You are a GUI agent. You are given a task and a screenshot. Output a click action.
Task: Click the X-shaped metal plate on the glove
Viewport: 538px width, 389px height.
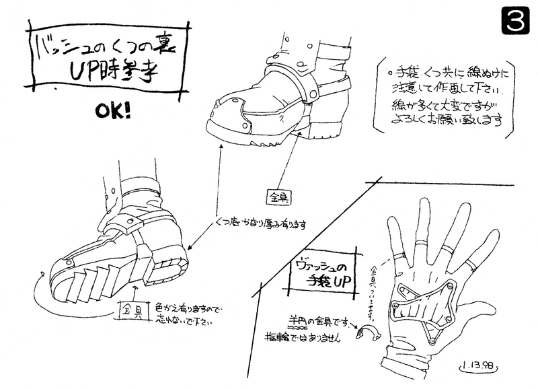(424, 307)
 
